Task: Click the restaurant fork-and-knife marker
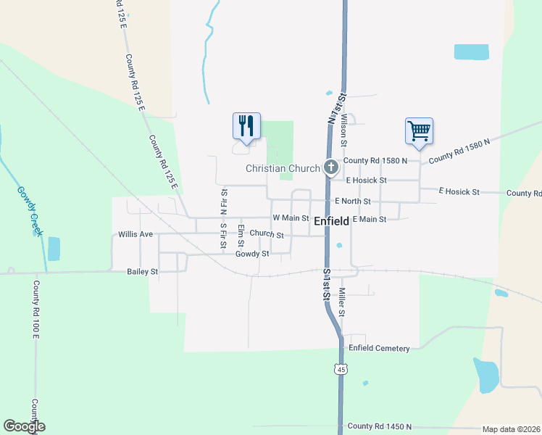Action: [246, 126]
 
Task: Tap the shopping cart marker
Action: [419, 131]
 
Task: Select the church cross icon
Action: [331, 168]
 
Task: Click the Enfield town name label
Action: [332, 222]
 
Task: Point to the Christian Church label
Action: [283, 168]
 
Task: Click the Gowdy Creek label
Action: [31, 211]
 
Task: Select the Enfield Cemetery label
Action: [379, 349]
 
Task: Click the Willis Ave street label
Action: [135, 235]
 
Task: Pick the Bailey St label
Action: [142, 271]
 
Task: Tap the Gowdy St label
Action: [252, 254]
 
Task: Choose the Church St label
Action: [266, 235]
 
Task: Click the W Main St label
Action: [291, 217]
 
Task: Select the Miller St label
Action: [341, 300]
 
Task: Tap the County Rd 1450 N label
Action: [379, 426]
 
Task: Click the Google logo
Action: [24, 426]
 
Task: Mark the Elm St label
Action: [241, 236]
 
